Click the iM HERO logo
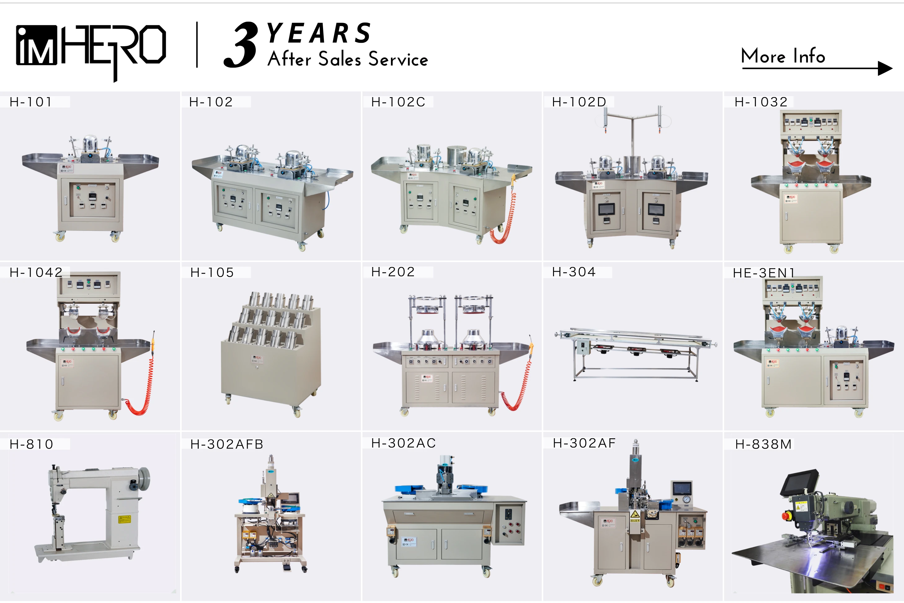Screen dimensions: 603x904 [91, 46]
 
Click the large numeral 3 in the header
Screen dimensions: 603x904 [241, 45]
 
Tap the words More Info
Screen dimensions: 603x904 [783, 56]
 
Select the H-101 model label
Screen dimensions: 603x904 [31, 102]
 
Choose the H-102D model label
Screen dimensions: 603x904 [579, 102]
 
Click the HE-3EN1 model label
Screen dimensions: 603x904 [764, 273]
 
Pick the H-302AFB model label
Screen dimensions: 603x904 [227, 444]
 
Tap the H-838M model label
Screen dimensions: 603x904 [763, 444]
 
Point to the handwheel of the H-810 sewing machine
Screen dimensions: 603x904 [144, 479]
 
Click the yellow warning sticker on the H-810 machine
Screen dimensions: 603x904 [124, 519]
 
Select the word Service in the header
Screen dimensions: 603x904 [398, 60]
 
